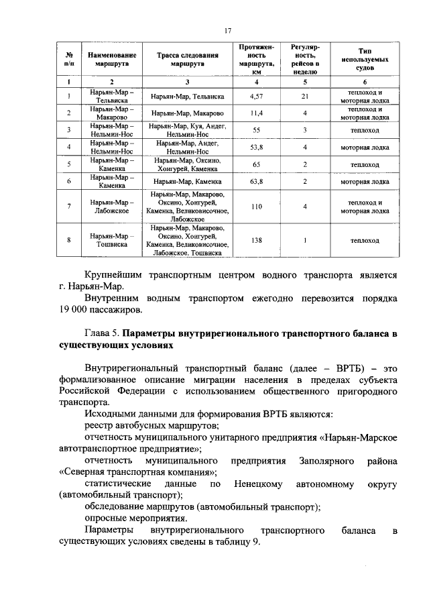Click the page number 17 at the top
pos(228,30)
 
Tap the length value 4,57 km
pos(255,97)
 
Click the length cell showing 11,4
pos(255,112)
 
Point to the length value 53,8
pos(255,147)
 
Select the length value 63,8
pos(255,181)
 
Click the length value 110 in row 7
pos(255,207)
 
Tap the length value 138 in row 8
pos(255,240)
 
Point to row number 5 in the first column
pos(69,164)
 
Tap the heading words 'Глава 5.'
pos(103,333)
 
